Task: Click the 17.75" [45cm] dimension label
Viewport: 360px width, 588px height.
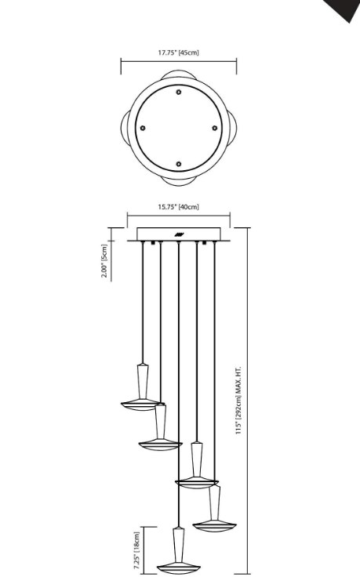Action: tap(179, 53)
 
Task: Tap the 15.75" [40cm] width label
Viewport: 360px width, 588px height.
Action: tap(179, 207)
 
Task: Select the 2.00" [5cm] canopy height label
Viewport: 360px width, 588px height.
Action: tap(104, 260)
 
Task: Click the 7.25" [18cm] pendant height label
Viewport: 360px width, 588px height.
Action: tap(136, 548)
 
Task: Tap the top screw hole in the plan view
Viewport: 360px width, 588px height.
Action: tap(179, 92)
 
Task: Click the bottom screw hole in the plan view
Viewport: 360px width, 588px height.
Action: tap(179, 164)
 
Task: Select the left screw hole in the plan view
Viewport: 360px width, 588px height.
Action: tap(143, 128)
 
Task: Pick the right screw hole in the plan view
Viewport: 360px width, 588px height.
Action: tap(214, 128)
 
